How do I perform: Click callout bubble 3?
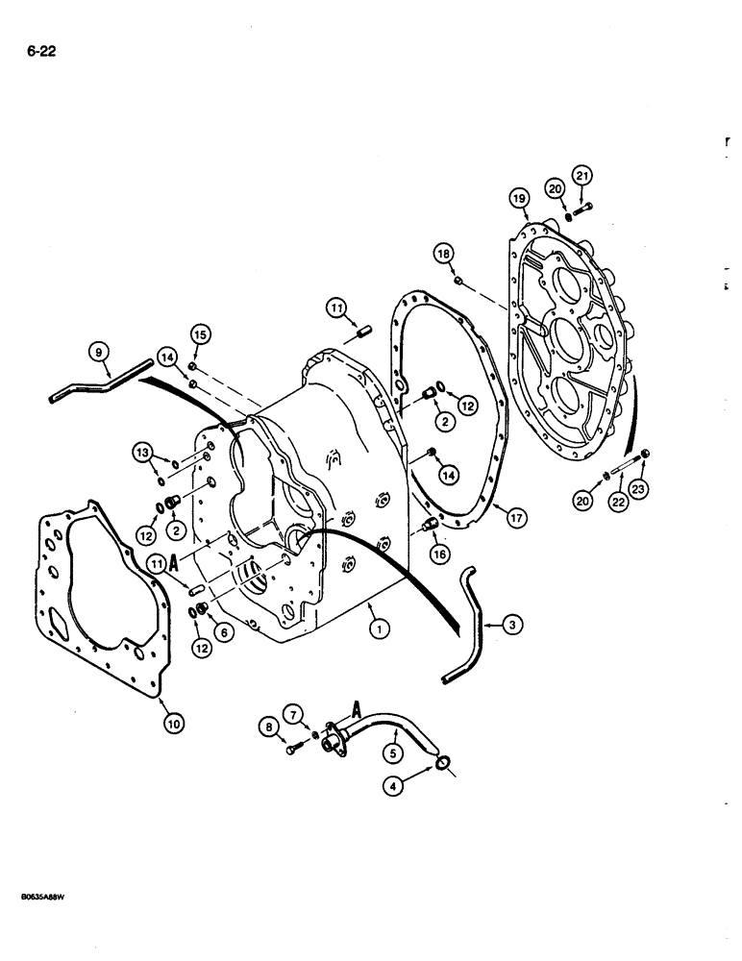515,626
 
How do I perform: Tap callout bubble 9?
98,353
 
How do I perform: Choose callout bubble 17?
516,518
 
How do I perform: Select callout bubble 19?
519,199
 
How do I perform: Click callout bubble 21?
582,175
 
